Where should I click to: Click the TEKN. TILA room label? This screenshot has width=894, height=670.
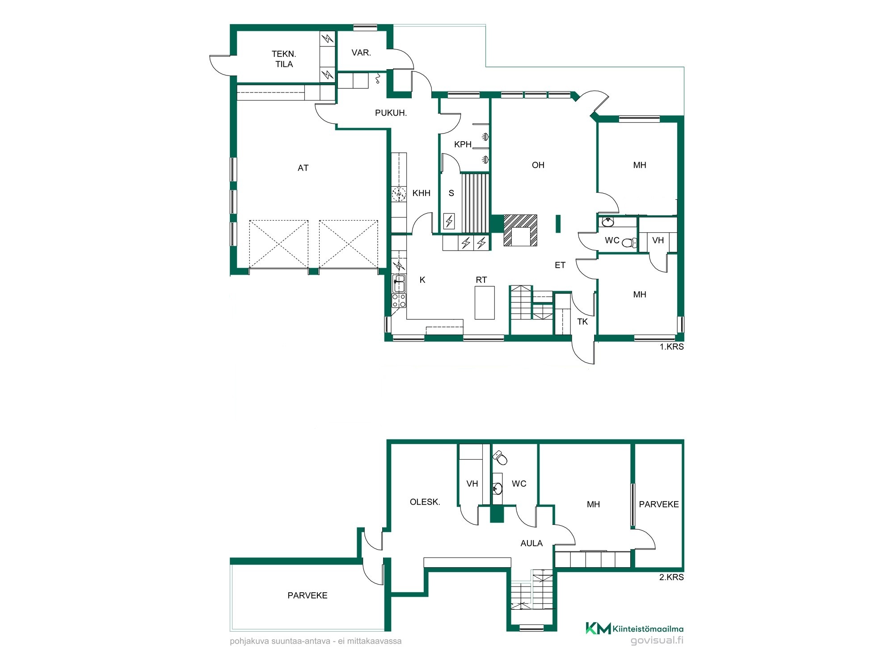tap(284, 59)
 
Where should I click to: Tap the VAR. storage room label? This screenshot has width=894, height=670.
tap(361, 53)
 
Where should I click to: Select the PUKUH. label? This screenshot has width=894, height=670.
tap(391, 113)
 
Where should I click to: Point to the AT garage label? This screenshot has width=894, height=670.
tap(303, 168)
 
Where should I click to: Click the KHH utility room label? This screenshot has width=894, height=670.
tap(422, 193)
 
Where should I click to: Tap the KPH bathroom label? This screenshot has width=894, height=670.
tap(463, 144)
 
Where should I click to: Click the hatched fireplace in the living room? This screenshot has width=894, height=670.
tap(520, 230)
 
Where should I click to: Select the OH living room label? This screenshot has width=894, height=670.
tap(538, 165)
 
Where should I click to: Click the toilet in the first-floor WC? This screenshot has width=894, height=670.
tap(629, 243)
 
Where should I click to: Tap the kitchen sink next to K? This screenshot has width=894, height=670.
tap(399, 284)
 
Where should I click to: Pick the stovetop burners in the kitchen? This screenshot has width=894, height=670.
tap(399, 300)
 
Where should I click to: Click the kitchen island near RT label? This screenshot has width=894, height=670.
tap(485, 302)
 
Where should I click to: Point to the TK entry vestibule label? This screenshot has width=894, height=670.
tap(582, 322)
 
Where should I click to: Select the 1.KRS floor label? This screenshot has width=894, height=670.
tap(672, 347)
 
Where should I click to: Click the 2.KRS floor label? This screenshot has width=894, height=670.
tap(671, 577)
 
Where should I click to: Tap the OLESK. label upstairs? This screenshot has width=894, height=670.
tap(425, 502)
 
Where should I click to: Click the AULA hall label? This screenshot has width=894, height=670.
tap(531, 543)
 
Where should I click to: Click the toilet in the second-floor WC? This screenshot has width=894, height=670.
tap(500, 457)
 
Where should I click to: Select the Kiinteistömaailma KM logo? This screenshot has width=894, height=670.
tap(634, 628)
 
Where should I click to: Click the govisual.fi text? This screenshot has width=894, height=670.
tap(657, 641)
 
